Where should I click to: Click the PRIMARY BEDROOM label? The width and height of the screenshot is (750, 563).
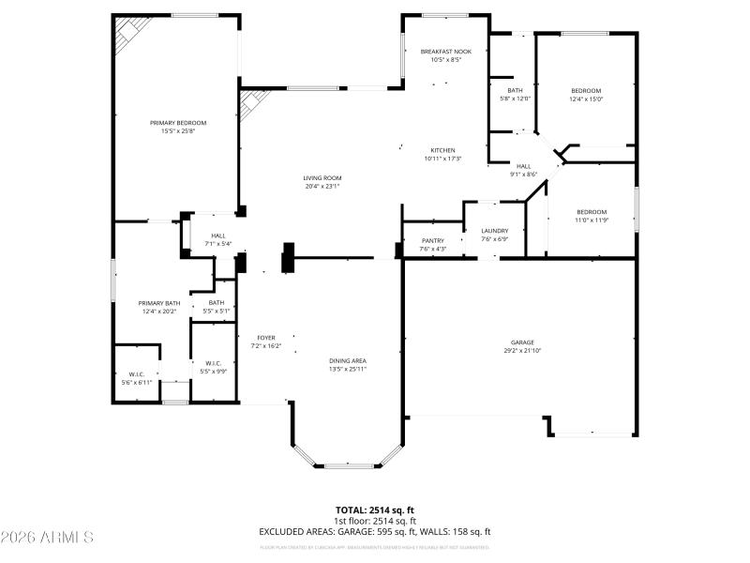tap(178, 123)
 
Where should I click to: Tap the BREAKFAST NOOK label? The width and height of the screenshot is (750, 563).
tap(445, 51)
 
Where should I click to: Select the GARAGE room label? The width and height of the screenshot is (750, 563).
tap(523, 342)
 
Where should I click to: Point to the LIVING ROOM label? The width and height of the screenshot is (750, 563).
tap(322, 178)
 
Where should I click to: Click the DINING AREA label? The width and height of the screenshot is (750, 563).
tap(347, 361)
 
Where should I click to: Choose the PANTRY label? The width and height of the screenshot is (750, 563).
tap(432, 241)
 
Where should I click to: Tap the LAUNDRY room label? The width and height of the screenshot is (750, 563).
tap(494, 231)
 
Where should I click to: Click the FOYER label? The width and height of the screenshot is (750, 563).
tap(267, 338)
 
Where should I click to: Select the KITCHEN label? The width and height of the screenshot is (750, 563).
tap(442, 150)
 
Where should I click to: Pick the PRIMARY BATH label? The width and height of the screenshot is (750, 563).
tap(159, 303)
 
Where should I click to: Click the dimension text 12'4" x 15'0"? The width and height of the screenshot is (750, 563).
tap(586, 99)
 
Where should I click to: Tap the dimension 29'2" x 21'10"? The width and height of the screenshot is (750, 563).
tap(523, 350)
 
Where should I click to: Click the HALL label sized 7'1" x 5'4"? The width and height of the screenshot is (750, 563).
tap(218, 236)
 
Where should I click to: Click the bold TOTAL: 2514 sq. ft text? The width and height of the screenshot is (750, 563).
tap(374, 510)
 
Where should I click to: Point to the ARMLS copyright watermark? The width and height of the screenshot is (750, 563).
tap(47, 538)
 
